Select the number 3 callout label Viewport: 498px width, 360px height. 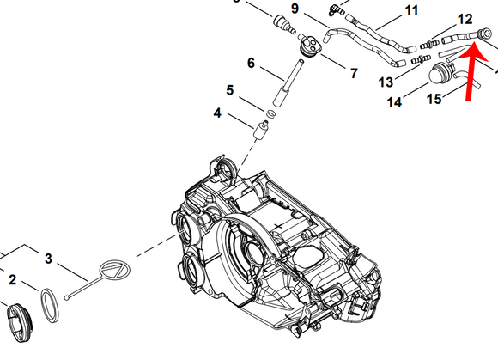click(x=49, y=259)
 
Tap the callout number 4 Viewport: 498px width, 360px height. click(x=218, y=113)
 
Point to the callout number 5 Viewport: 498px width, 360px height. click(x=230, y=89)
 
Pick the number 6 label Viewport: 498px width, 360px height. click(x=251, y=63)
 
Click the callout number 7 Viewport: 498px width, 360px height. click(x=353, y=74)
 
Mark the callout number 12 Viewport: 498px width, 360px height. click(x=465, y=18)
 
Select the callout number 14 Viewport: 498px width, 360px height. click(x=394, y=102)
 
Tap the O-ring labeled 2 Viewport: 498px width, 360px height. click(x=51, y=302)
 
